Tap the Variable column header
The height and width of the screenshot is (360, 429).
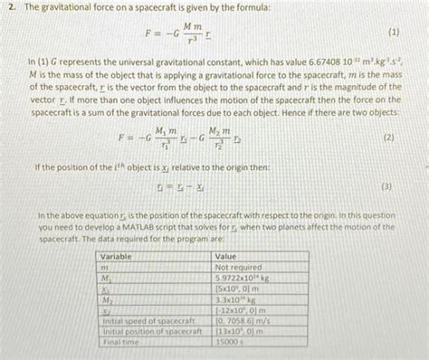[x=117, y=257]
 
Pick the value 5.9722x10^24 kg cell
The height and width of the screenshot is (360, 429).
[x=243, y=279]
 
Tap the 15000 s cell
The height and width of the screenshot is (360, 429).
[x=228, y=344]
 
